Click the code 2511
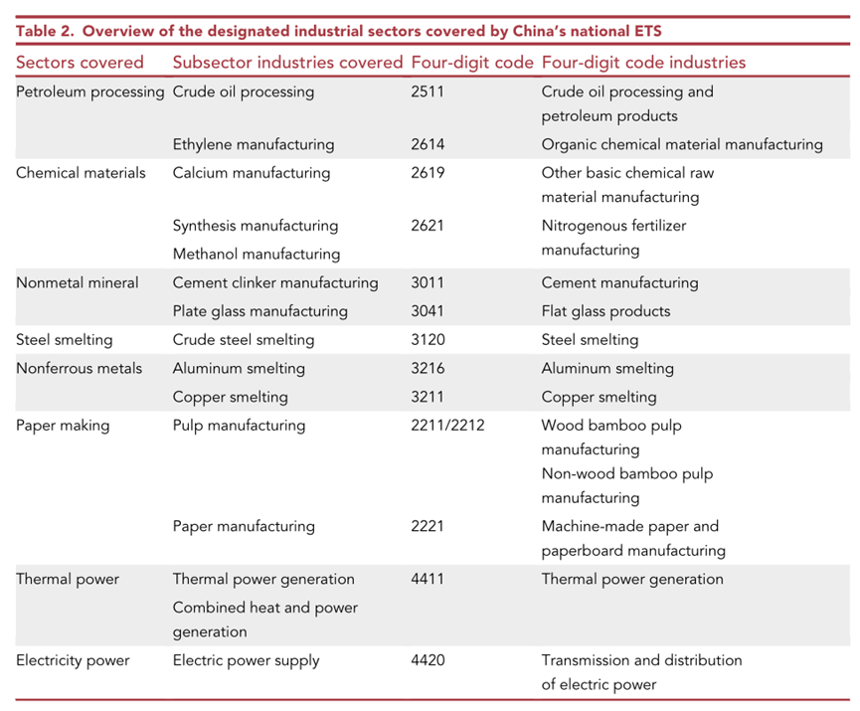pos(428,91)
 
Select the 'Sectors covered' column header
pos(80,62)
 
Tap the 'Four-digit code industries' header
pos(643,62)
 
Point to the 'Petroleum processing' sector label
pos(89,92)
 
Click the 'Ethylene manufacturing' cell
pos(254,144)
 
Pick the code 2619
pos(428,173)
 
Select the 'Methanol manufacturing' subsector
pos(257,254)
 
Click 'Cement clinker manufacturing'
pos(275,282)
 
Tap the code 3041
pos(428,311)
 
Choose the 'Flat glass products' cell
pos(605,311)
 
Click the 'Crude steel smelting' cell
pos(244,340)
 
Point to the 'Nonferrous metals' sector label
pos(79,368)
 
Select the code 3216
pos(428,368)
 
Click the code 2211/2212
pos(447,426)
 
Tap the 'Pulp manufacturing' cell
pos(240,426)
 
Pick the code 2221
pos(428,526)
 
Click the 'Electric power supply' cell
pos(246,660)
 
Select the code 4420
pos(428,660)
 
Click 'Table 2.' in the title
pos(45,31)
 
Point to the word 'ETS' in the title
pos(647,31)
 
